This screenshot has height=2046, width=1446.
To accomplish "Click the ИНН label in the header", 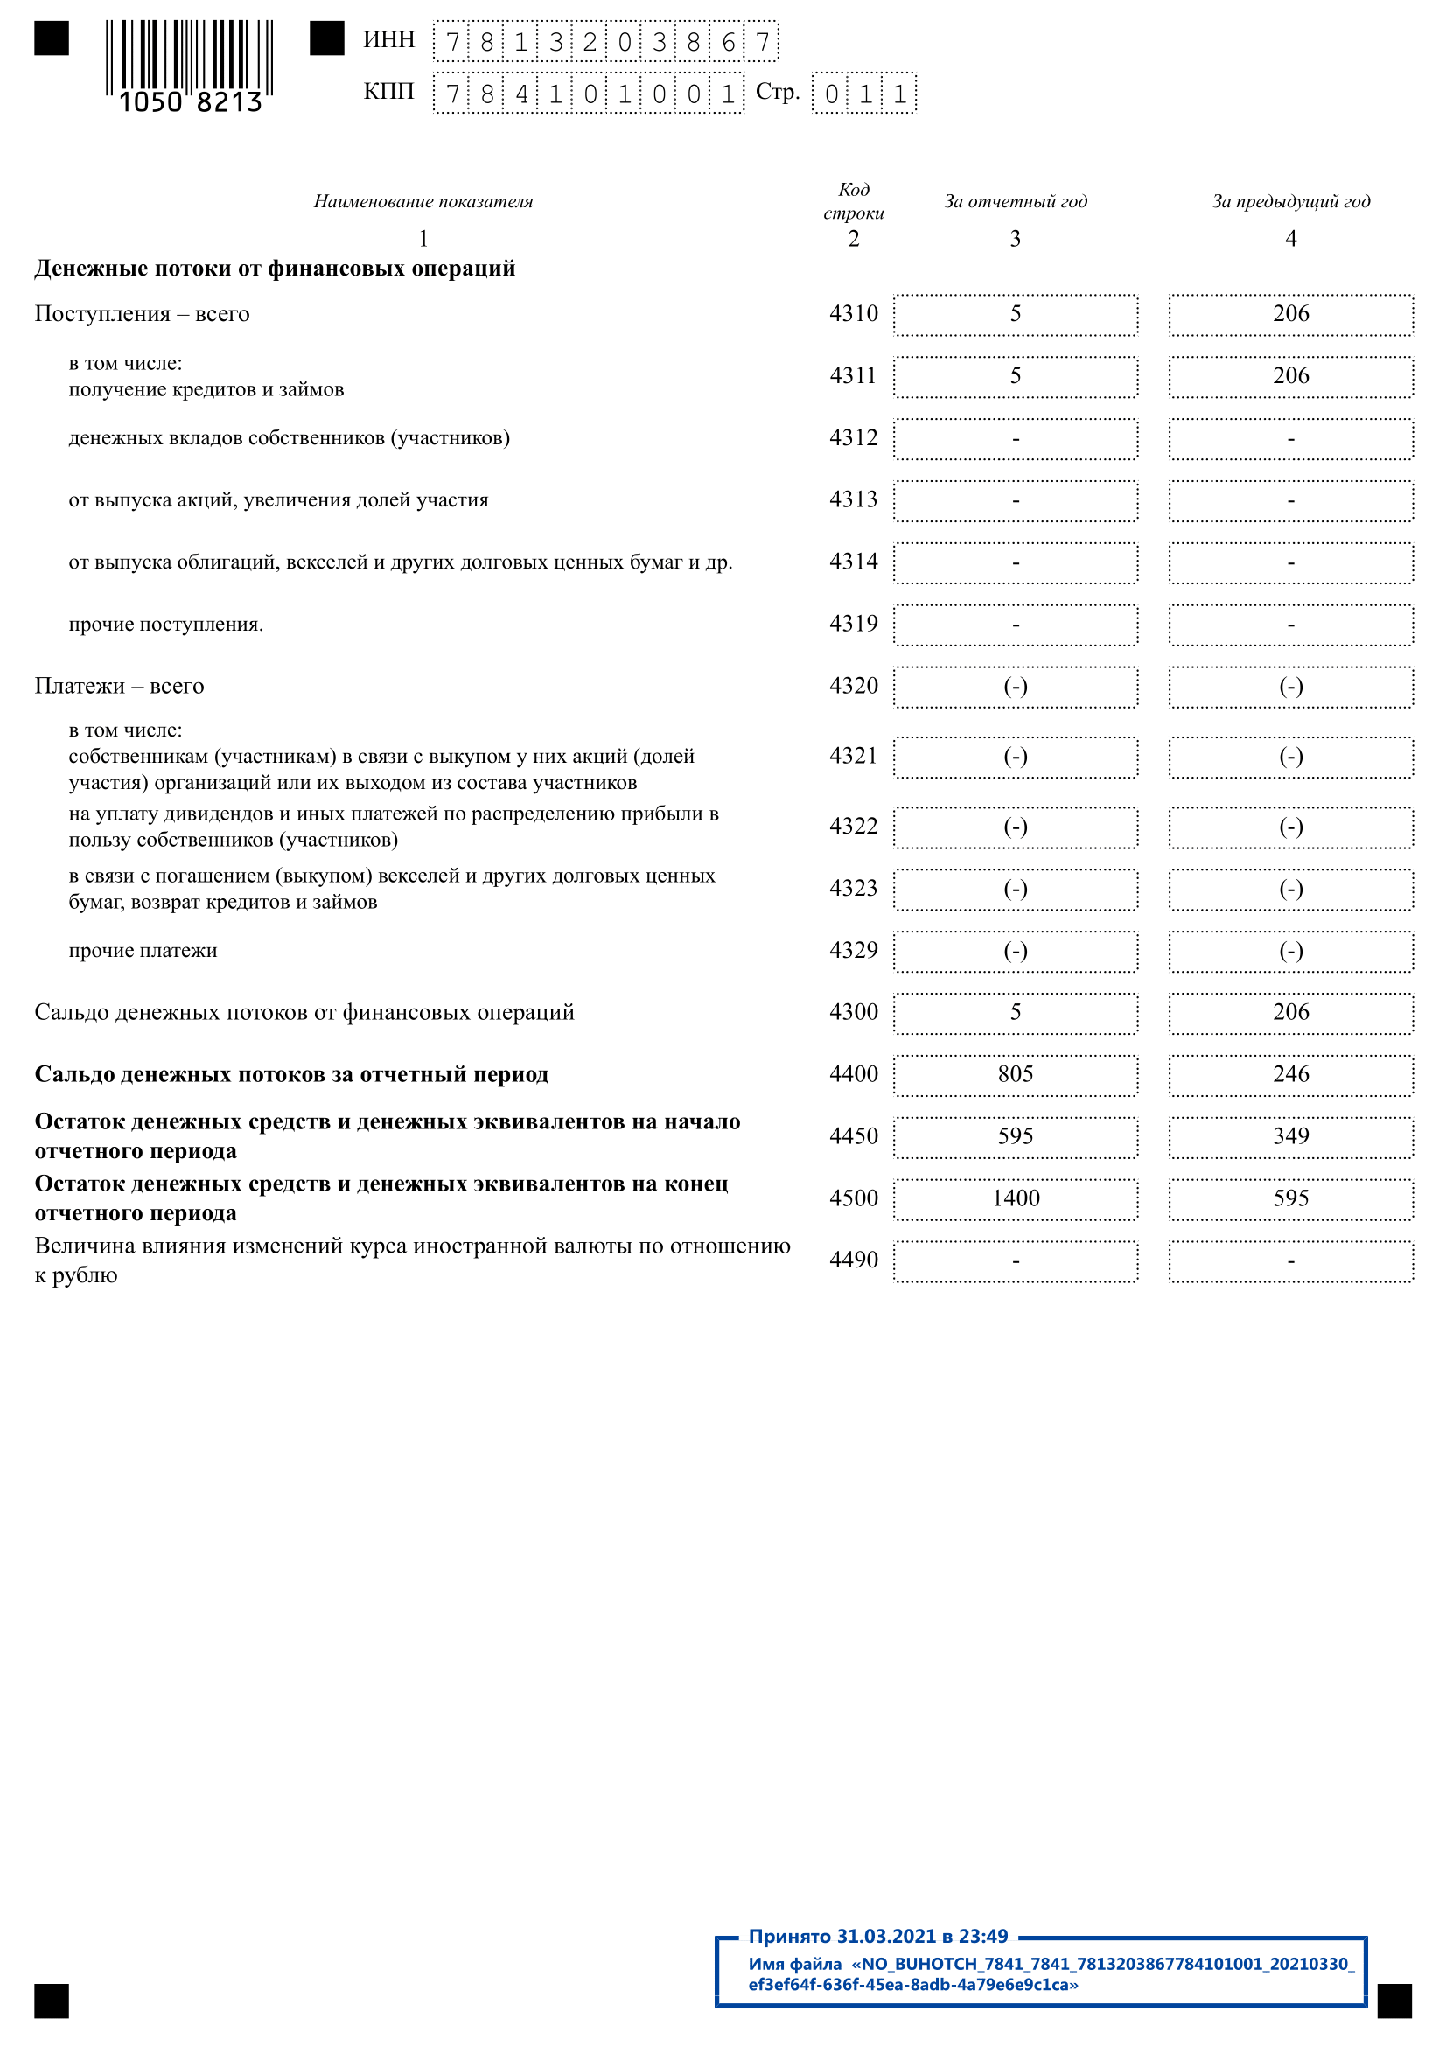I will (x=388, y=40).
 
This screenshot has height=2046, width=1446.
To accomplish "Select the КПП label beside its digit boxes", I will (x=388, y=92).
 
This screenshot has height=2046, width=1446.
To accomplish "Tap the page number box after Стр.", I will (x=863, y=94).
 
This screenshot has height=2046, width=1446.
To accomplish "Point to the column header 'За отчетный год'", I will (x=1015, y=201).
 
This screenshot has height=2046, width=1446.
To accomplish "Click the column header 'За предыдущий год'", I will (x=1290, y=201).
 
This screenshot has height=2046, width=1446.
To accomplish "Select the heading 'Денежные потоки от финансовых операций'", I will (x=275, y=269).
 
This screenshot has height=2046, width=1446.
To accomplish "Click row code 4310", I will (x=853, y=314).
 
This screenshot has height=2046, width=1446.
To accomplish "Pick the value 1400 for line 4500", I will (x=1015, y=1198).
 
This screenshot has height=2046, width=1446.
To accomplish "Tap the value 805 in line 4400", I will (x=1015, y=1074).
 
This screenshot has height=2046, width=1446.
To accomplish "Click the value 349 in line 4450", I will (x=1290, y=1136).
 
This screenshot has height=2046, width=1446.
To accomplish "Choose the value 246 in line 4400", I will (x=1290, y=1074).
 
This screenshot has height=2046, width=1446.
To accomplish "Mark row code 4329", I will (x=853, y=950).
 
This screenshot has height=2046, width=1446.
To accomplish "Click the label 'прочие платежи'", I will (x=143, y=951).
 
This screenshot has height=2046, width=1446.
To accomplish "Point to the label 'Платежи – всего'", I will (x=119, y=686).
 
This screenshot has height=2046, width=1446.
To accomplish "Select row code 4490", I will (x=853, y=1260).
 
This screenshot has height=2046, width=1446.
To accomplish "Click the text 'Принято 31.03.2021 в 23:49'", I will (x=877, y=1937).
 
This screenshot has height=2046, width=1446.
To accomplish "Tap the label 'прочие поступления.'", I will (x=165, y=625).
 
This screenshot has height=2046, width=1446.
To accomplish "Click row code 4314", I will (x=853, y=562).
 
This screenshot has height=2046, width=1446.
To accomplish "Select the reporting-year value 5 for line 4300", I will (x=1015, y=1012).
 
